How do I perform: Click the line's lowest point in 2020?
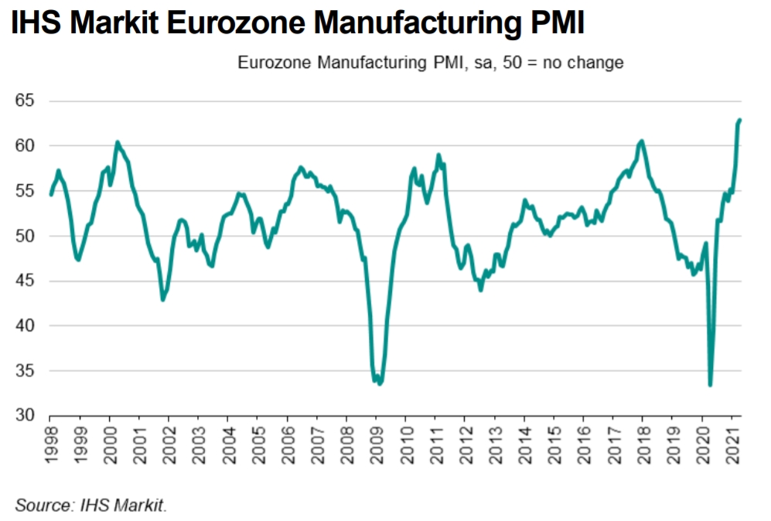pos(710,384)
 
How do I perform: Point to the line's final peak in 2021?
pos(739,120)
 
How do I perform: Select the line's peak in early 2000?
pos(117,142)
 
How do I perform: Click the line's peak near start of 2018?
pos(642,141)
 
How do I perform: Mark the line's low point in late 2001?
pos(162,299)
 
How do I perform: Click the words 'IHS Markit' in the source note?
pos(123,506)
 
